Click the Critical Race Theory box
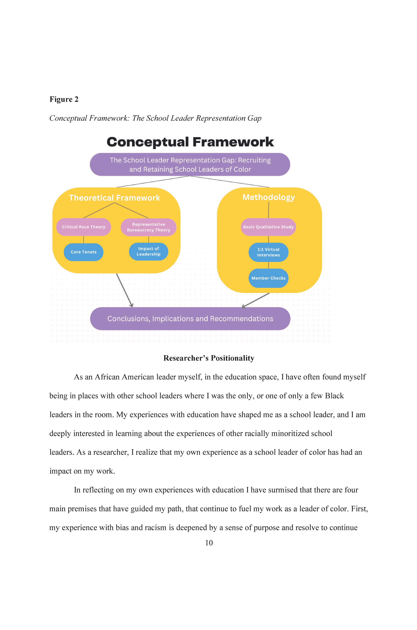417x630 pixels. (84, 227)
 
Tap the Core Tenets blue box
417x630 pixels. (84, 252)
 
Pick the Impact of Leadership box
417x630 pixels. (148, 251)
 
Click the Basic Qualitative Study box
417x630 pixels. (268, 227)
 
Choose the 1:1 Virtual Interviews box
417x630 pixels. (268, 252)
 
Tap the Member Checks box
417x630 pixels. (268, 278)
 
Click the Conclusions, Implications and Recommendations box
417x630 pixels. (190, 319)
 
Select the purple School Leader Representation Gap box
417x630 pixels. (190, 164)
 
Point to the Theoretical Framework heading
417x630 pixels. (114, 198)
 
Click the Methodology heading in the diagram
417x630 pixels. (269, 197)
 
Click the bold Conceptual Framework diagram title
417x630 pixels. (190, 142)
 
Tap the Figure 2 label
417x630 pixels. (64, 99)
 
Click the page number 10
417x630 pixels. (209, 543)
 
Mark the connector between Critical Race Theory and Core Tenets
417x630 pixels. (84, 239)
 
